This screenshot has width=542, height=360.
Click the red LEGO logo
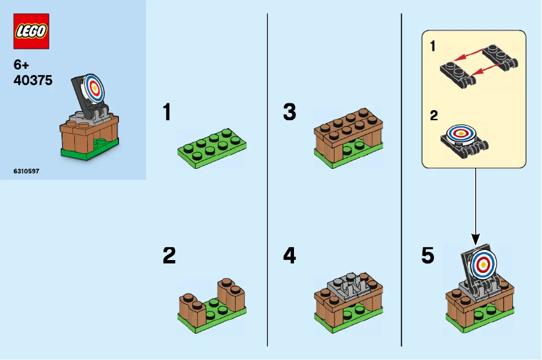31,31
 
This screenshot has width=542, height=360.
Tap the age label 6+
22,66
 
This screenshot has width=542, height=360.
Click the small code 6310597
26,172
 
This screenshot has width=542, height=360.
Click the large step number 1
167,112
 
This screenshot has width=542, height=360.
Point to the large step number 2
169,255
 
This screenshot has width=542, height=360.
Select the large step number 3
289,112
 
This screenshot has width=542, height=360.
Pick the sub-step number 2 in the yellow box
433,115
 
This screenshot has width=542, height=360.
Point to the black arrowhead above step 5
475,239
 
